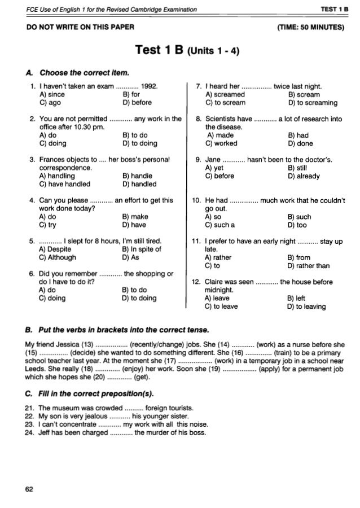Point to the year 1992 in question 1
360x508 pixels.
click(x=150, y=86)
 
